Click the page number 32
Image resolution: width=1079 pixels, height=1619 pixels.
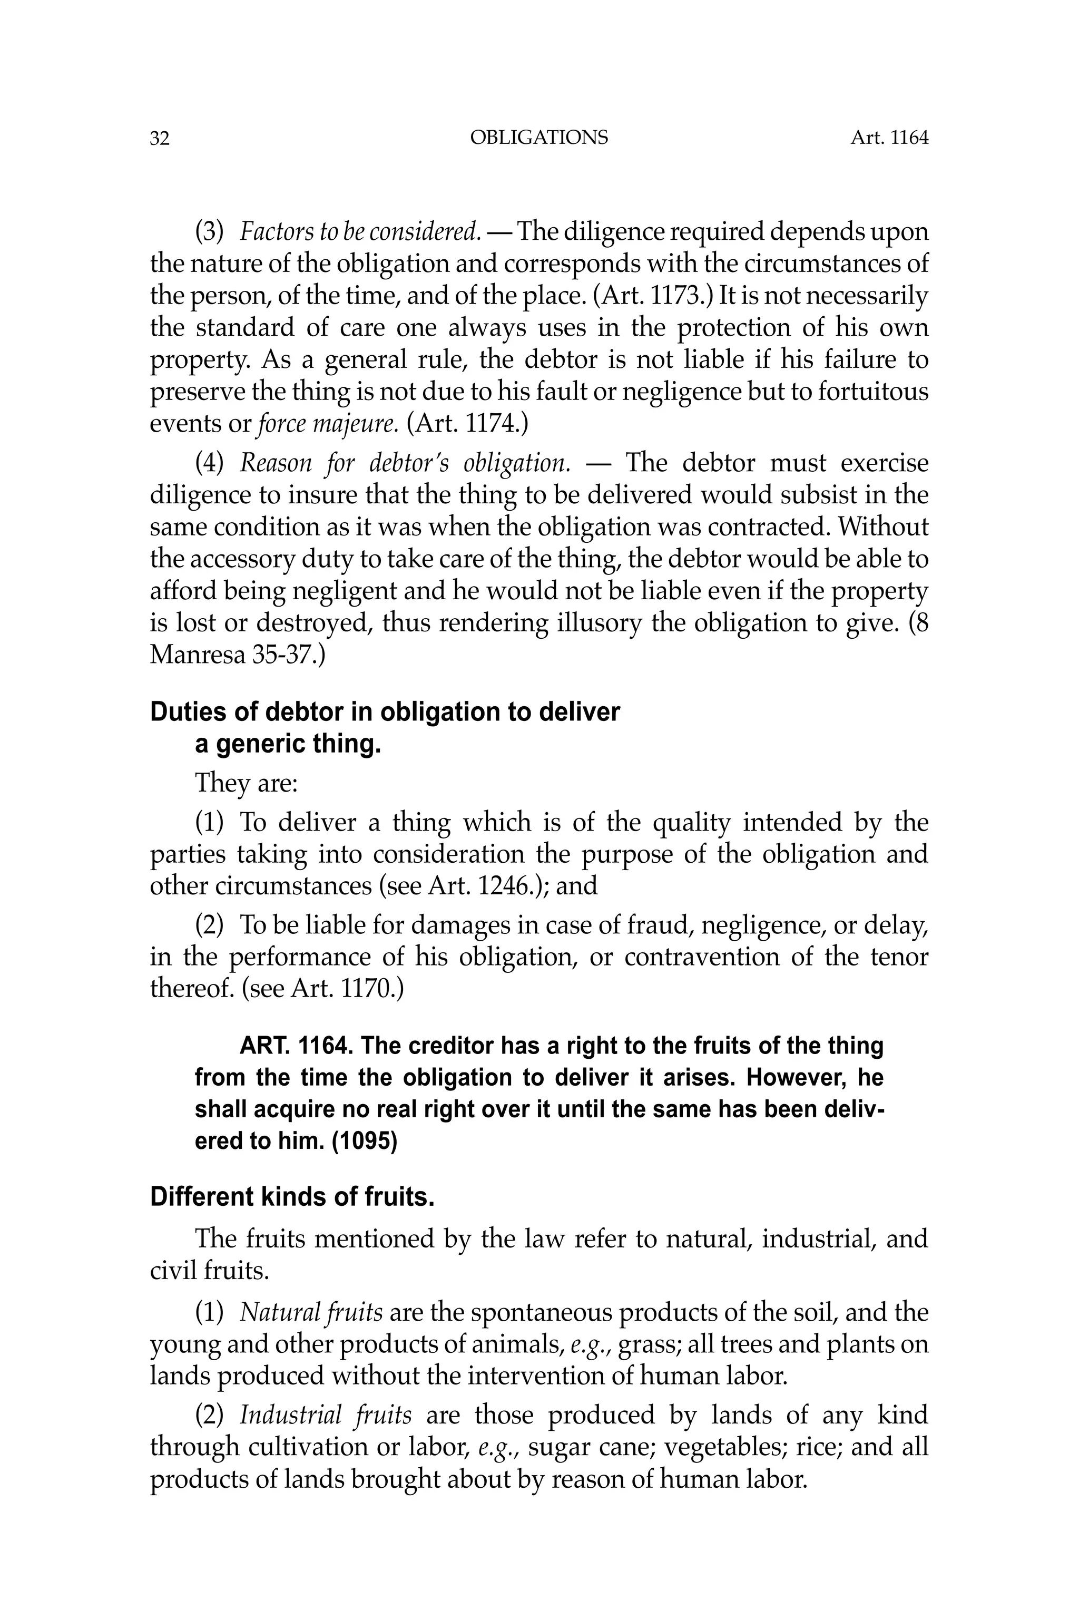coord(159,139)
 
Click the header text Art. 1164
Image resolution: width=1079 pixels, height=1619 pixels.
coord(889,139)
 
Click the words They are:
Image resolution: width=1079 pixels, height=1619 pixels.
coord(246,783)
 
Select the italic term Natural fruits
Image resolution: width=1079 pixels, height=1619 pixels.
coord(311,1313)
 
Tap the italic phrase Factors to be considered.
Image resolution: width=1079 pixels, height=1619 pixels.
coord(360,232)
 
